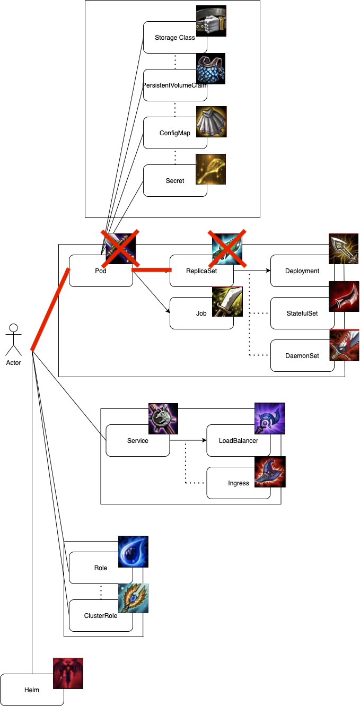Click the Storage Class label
click(x=175, y=38)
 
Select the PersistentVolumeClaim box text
click(x=175, y=85)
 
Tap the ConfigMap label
click(x=175, y=133)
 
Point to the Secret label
click(x=175, y=180)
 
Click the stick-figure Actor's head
click(x=13, y=328)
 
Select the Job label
click(x=201, y=313)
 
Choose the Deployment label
click(x=302, y=271)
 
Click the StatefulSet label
click(x=302, y=313)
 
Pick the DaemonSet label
click(x=302, y=356)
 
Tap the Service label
click(x=138, y=441)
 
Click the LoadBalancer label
click(x=239, y=441)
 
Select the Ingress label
click(x=239, y=483)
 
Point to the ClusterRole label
click(x=101, y=615)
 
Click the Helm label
click(x=32, y=690)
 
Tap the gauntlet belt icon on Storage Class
click(x=211, y=21)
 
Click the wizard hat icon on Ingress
click(x=270, y=472)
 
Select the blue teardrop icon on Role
click(x=133, y=552)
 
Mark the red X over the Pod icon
click(x=120, y=248)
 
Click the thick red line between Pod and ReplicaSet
click(x=152, y=270)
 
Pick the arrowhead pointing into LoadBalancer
click(x=205, y=440)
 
